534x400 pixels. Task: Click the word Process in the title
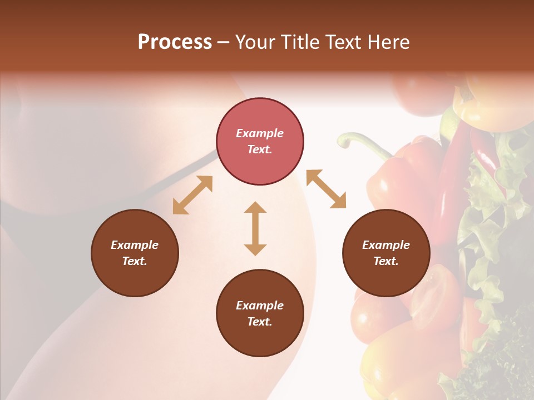pyautogui.click(x=175, y=42)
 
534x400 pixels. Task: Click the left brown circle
pyautogui.click(x=135, y=253)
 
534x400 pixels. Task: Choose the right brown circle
pyautogui.click(x=386, y=253)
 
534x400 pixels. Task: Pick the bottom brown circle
pyautogui.click(x=260, y=313)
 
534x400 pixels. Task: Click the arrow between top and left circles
pyautogui.click(x=192, y=195)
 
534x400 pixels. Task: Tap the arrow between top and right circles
pyautogui.click(x=326, y=189)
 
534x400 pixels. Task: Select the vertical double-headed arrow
pyautogui.click(x=255, y=228)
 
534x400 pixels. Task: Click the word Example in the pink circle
pyautogui.click(x=260, y=133)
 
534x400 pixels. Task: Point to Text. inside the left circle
pyautogui.click(x=135, y=261)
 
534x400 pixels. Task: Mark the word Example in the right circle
pyautogui.click(x=386, y=245)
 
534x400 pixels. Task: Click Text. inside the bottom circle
pyautogui.click(x=260, y=322)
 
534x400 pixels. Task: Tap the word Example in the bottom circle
pyautogui.click(x=260, y=306)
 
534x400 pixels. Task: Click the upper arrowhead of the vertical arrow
pyautogui.click(x=255, y=208)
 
